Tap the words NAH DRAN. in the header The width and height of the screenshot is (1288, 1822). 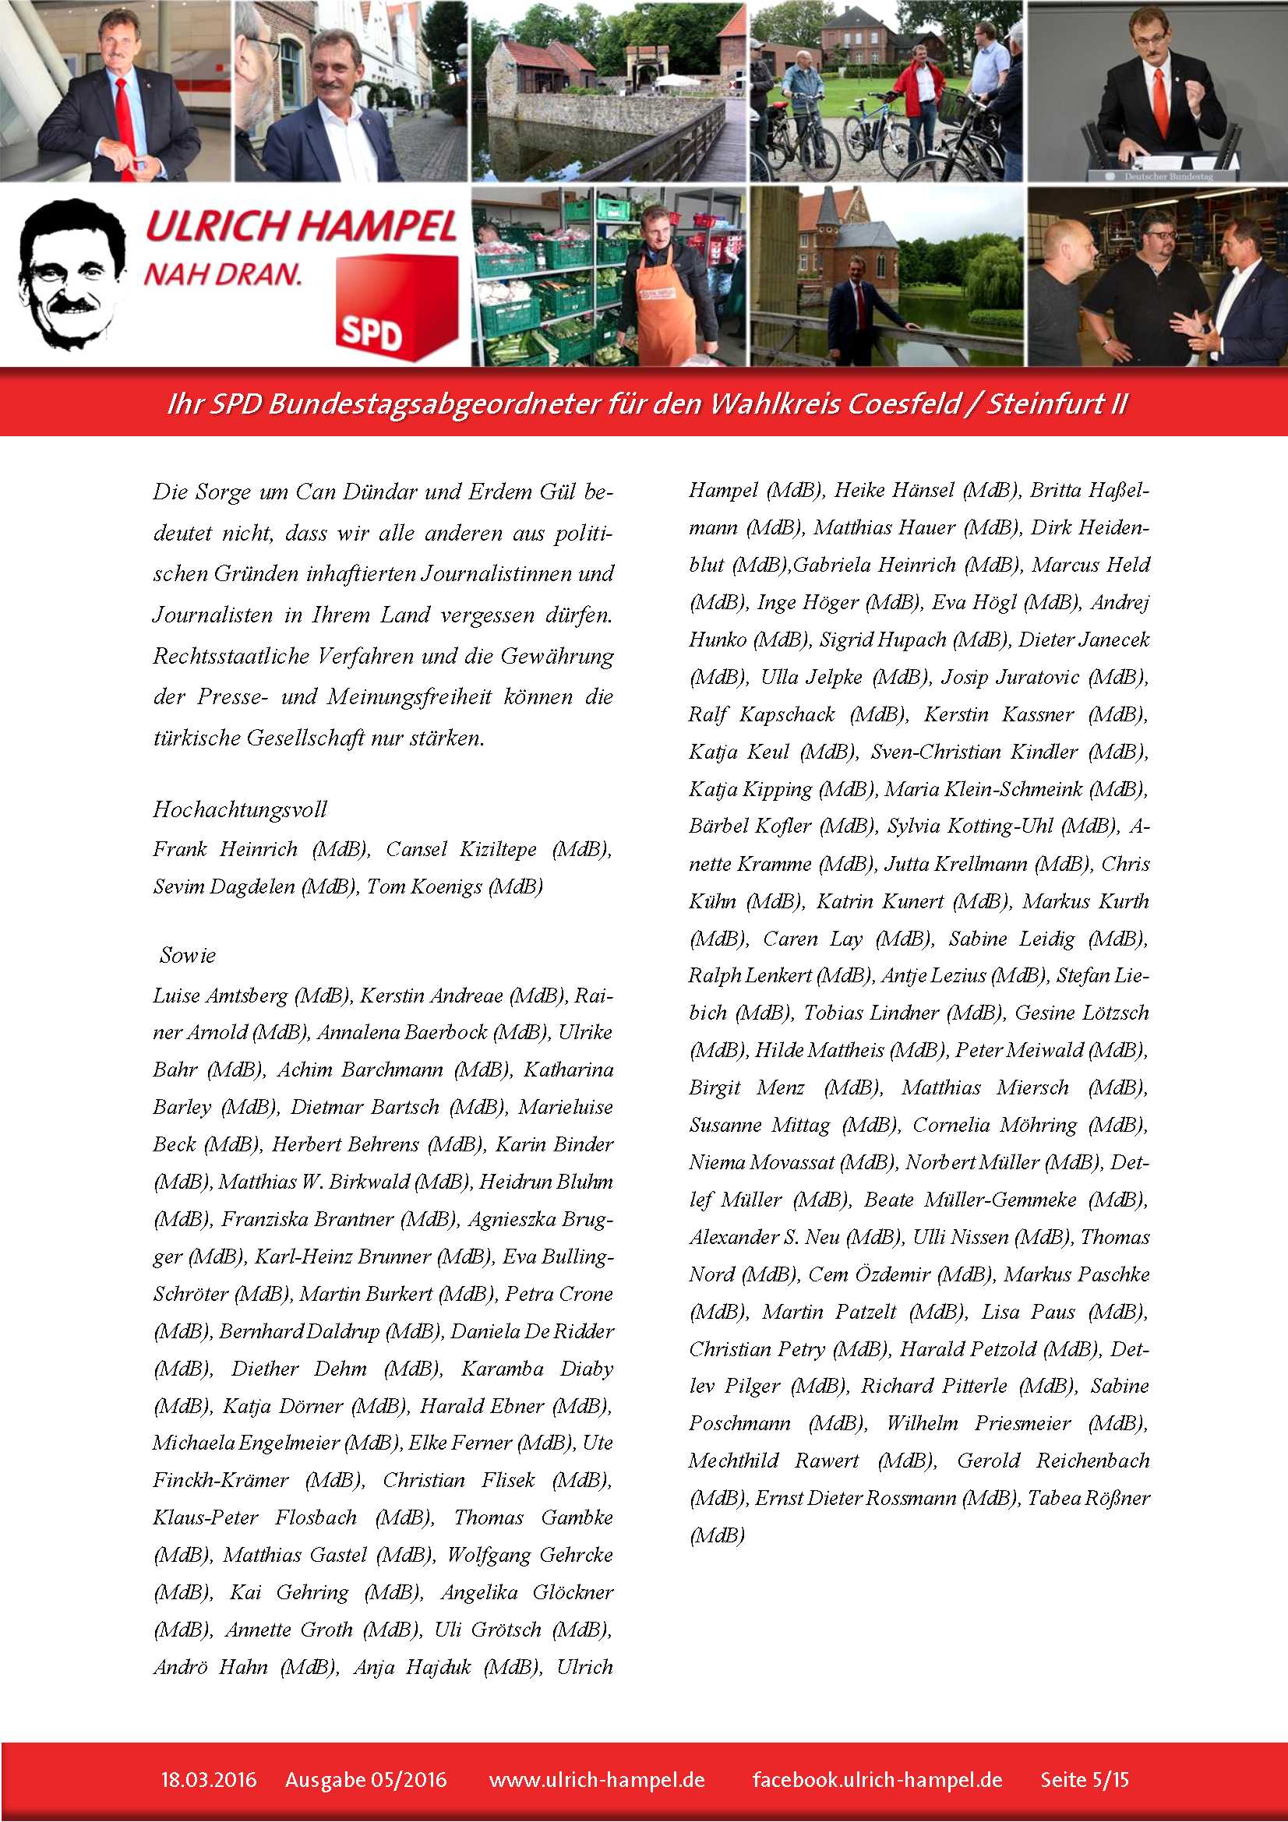223,274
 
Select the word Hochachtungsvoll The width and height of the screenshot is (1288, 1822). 240,809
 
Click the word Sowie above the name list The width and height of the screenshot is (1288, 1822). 187,955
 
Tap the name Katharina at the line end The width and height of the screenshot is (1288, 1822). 568,1069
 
